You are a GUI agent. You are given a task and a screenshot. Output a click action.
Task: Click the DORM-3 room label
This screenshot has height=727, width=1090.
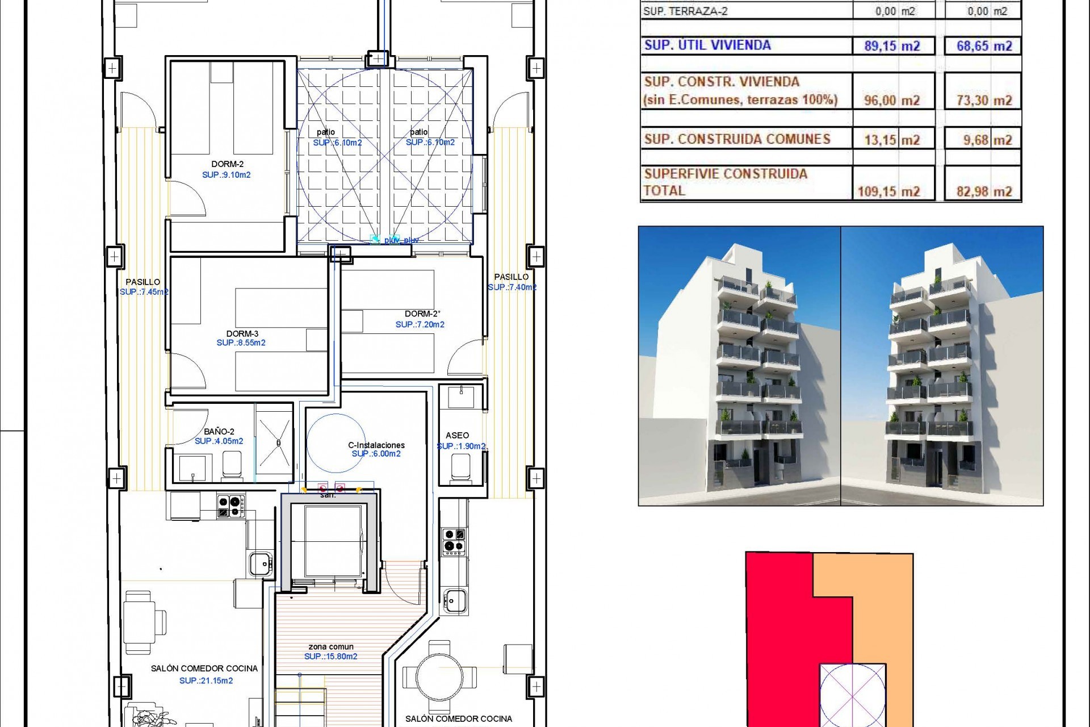[x=242, y=333]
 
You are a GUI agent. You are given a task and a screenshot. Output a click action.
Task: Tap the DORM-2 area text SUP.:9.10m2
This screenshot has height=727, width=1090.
[x=226, y=175]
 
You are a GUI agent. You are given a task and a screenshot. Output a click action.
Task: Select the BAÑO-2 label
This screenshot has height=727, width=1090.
[x=219, y=431]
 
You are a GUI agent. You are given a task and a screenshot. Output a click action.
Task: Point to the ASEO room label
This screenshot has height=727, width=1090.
[x=457, y=435]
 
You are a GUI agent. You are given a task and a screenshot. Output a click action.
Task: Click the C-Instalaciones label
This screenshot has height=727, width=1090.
[x=376, y=445]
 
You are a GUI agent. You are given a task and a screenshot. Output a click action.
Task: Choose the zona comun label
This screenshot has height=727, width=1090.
[x=331, y=646]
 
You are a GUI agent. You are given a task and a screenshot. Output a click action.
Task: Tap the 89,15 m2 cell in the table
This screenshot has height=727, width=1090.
[x=892, y=46]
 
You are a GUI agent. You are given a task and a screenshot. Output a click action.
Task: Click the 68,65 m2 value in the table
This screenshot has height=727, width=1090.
[x=984, y=46]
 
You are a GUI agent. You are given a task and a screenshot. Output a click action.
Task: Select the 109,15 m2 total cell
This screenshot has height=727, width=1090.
[x=888, y=191]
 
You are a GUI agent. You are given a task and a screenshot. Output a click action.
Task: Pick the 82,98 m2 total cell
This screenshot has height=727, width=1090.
[x=984, y=191]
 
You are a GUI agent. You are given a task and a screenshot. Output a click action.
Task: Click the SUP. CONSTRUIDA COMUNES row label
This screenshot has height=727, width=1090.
[x=737, y=139]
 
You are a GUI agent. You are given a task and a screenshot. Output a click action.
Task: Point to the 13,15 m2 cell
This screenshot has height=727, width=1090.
[x=892, y=140]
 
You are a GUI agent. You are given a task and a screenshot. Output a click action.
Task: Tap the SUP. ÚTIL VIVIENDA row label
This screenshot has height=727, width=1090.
[x=707, y=45]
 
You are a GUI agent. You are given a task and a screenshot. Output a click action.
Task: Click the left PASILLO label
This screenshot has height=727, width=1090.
[x=142, y=282]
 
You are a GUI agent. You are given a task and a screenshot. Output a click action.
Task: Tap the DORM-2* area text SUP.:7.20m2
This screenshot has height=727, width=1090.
[x=420, y=324]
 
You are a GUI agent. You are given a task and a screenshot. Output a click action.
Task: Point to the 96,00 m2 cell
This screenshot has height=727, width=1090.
[x=891, y=101]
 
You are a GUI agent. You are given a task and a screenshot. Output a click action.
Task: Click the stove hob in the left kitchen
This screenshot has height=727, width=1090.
[x=231, y=505]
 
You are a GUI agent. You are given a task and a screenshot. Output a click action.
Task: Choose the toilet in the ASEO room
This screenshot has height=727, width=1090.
[x=460, y=467]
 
